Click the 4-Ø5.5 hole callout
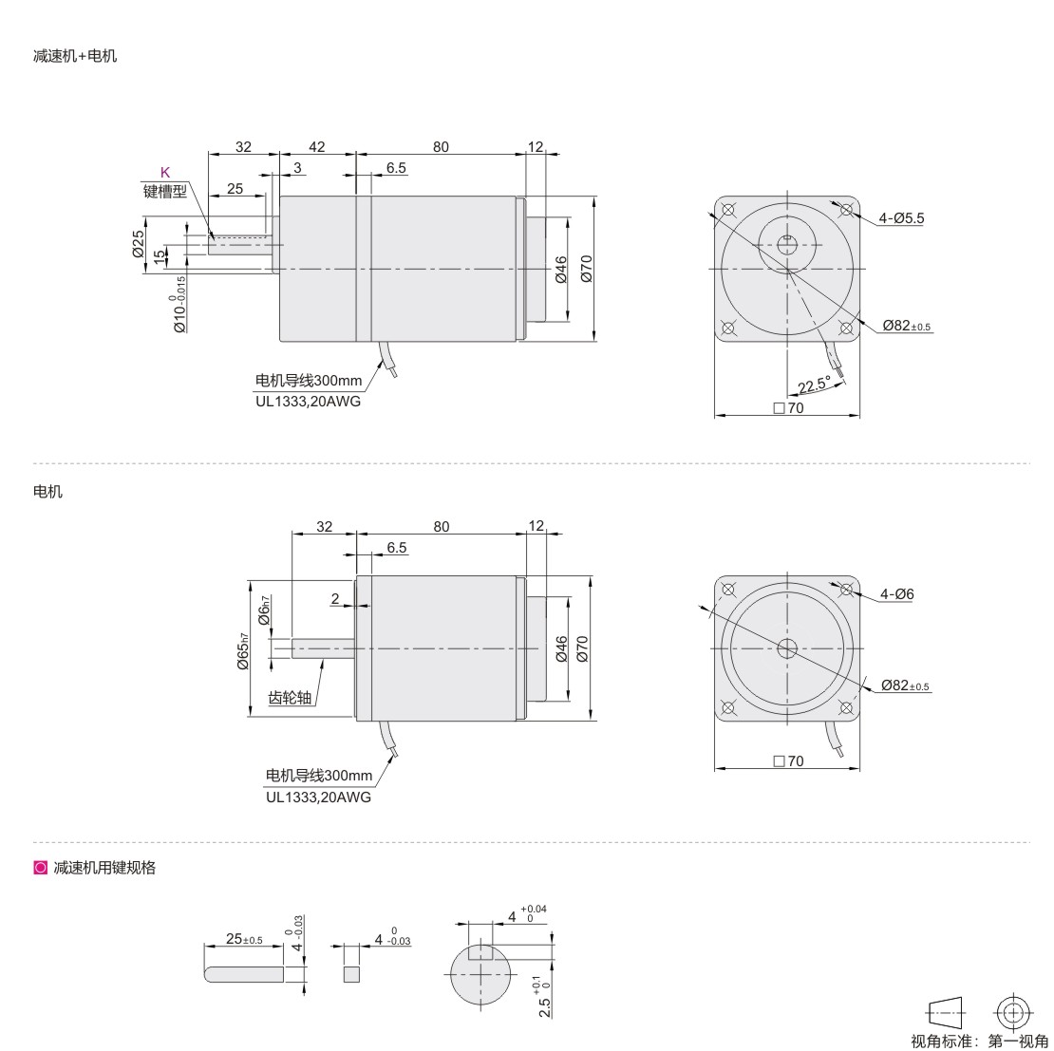click(x=901, y=217)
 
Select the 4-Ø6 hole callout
click(x=896, y=594)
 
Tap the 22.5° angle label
click(x=814, y=385)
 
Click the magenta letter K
click(x=164, y=172)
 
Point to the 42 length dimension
click(x=316, y=146)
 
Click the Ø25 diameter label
click(x=138, y=244)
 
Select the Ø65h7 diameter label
click(x=243, y=652)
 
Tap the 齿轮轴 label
click(x=290, y=698)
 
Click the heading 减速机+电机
click(x=75, y=56)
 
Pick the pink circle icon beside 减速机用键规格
click(x=40, y=868)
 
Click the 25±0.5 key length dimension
click(x=244, y=938)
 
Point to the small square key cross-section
click(x=351, y=974)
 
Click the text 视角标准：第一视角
click(x=979, y=1041)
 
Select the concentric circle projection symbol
click(x=1014, y=1013)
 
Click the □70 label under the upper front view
click(x=788, y=408)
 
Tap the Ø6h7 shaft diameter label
click(x=265, y=610)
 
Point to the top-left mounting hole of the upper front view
click(x=727, y=210)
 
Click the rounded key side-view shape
click(x=244, y=974)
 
